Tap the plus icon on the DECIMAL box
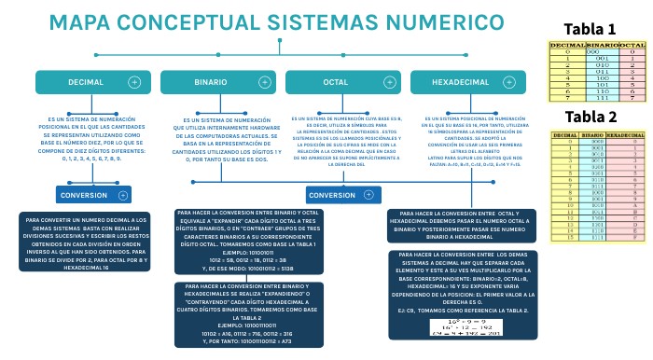point(134,83)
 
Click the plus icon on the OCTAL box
point(383,83)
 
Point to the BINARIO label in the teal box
point(210,83)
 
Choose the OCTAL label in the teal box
point(335,83)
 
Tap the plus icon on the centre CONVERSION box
point(365,195)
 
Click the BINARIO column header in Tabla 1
point(604,45)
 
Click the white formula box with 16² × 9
point(457,327)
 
